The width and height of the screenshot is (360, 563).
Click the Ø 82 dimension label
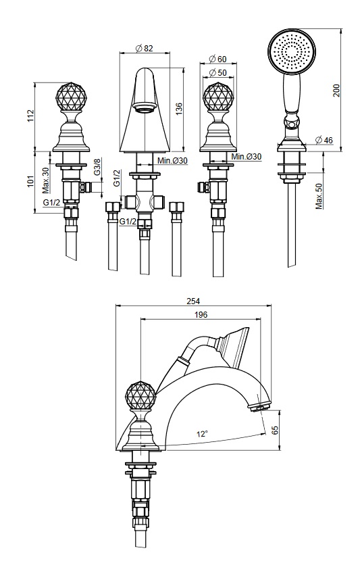point(145,48)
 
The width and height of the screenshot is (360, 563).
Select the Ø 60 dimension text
point(217,59)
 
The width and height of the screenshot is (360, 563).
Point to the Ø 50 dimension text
point(217,72)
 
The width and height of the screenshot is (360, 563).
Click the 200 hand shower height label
point(336,90)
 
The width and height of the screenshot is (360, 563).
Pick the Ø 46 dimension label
point(324,140)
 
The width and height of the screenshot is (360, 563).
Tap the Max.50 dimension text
point(319,196)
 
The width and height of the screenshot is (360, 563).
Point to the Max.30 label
point(45,180)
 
